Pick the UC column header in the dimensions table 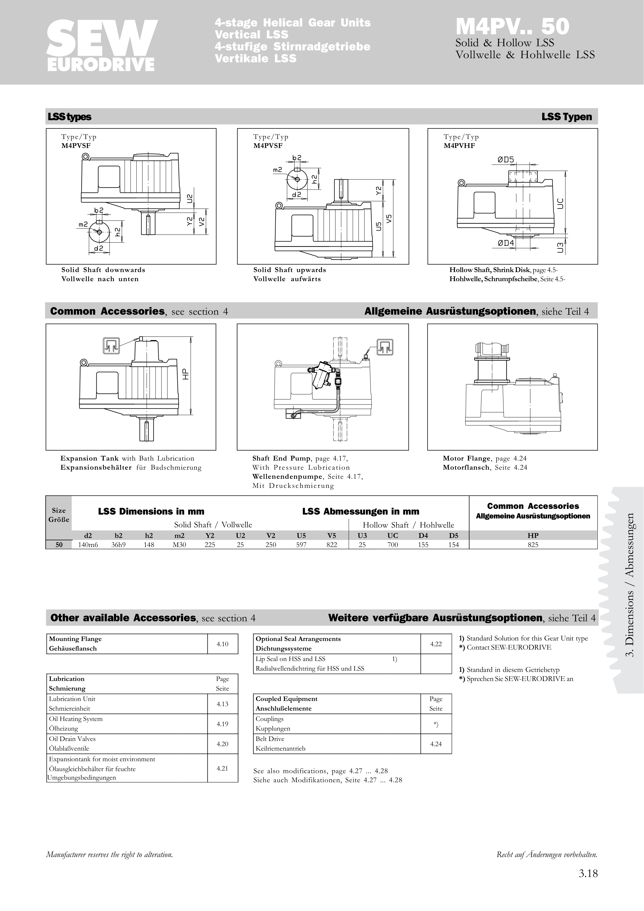pos(392,535)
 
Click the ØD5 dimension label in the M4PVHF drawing pos(506,160)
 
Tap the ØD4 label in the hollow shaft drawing pos(506,243)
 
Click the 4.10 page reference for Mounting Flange pos(222,644)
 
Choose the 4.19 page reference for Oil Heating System pos(222,724)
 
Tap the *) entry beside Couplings pos(436,724)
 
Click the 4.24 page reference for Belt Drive pos(436,744)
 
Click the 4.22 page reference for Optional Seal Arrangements pos(436,644)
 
